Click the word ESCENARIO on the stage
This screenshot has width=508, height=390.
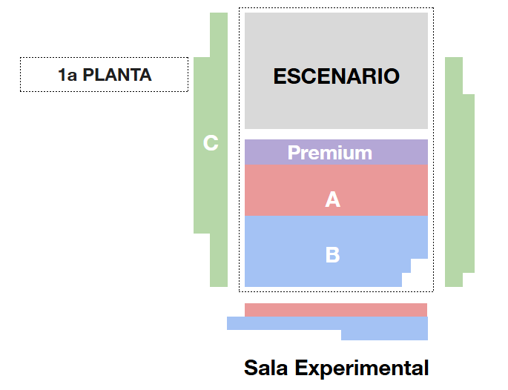pos(336,76)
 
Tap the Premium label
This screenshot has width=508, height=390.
pos(329,153)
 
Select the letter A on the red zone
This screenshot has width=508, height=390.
pos(333,199)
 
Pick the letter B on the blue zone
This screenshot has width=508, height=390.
pos(332,254)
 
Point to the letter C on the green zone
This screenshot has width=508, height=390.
pos(211,142)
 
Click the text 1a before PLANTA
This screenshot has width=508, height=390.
pos(67,75)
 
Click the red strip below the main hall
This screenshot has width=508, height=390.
pos(335,310)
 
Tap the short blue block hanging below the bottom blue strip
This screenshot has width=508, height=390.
pos(384,335)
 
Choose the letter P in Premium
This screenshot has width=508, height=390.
pos(294,153)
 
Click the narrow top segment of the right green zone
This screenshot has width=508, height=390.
pos(454,75)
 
